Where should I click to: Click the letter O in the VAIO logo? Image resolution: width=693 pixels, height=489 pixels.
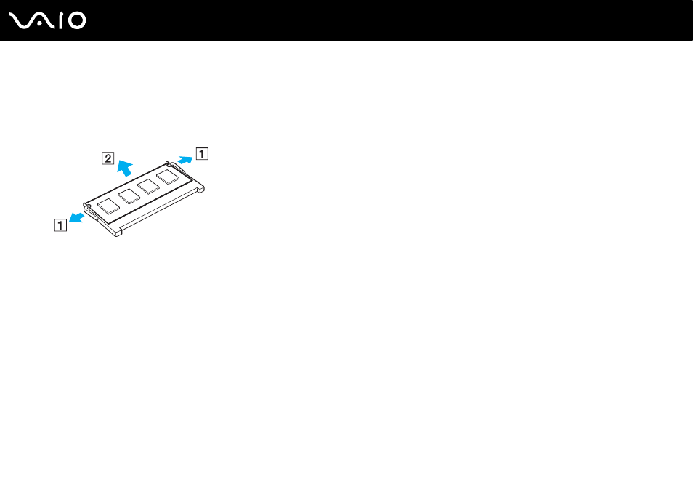point(77,21)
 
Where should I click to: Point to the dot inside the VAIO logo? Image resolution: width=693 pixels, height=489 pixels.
point(40,24)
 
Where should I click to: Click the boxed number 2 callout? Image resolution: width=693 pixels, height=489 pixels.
point(108,158)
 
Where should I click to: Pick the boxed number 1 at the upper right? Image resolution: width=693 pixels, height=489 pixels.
point(202,153)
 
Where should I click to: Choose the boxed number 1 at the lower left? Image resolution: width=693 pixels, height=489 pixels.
point(60,225)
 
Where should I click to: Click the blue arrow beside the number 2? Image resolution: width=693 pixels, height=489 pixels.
point(125,168)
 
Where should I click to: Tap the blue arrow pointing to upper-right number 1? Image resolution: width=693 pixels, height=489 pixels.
point(185,160)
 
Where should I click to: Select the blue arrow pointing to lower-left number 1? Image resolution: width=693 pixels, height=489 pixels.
point(76,217)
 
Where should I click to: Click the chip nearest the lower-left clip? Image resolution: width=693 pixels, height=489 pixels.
point(109,206)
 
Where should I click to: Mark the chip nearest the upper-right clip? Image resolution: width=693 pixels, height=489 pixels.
point(168,177)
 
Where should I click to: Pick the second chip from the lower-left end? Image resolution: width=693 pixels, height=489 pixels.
point(129,196)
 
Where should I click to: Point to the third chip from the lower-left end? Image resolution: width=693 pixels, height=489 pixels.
point(148,187)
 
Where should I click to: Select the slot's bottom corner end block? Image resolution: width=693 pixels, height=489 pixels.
point(117,232)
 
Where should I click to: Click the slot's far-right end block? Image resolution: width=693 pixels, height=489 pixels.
point(200,189)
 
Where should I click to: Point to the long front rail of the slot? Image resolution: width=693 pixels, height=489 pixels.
point(160,211)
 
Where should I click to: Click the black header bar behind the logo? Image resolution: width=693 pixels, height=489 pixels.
point(346,20)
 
